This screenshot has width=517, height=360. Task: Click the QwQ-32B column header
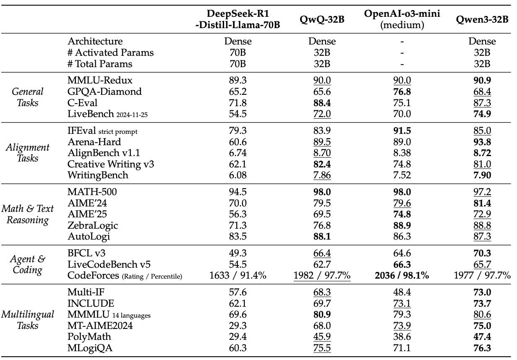pos(322,19)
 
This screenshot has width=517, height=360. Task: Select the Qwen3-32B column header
pos(482,19)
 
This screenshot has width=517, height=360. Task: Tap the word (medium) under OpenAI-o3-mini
pos(402,25)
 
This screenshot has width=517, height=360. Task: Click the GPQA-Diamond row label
pos(104,91)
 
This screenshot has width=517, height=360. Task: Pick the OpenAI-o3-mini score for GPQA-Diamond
pos(402,91)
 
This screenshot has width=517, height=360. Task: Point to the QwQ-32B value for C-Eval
pos(322,103)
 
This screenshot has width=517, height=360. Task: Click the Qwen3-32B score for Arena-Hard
pos(482,142)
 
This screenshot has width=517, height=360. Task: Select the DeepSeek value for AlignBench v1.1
pos(238,153)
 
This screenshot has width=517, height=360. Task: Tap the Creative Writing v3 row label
pos(110,164)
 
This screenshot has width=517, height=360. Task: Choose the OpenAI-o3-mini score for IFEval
pos(402,130)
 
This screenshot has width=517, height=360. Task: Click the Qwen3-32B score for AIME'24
pos(482,203)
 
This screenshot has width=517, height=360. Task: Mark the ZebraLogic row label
pos(93,225)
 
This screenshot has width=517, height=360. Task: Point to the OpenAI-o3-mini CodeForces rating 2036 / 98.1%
pos(402,276)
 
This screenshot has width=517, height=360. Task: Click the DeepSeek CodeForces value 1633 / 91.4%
pos(238,276)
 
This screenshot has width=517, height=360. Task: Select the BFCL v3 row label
pos(86,253)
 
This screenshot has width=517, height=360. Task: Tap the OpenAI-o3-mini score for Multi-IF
pos(402,292)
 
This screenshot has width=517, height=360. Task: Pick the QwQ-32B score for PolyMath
pos(322,337)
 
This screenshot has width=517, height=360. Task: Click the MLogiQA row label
pos(90,348)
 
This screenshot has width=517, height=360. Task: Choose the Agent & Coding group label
pos(28,264)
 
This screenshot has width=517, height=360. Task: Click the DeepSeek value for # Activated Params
pos(238,52)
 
